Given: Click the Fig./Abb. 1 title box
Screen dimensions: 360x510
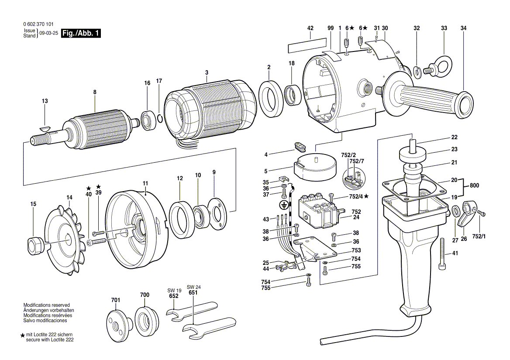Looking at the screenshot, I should coord(81,34).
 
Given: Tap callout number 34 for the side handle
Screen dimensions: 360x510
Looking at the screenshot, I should coord(463,28).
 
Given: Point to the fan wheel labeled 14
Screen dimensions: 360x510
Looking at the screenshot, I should coord(64,238).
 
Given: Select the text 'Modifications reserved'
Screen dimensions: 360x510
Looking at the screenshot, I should coord(46,305).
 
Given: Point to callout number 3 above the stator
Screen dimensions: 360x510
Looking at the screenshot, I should coord(207,72).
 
